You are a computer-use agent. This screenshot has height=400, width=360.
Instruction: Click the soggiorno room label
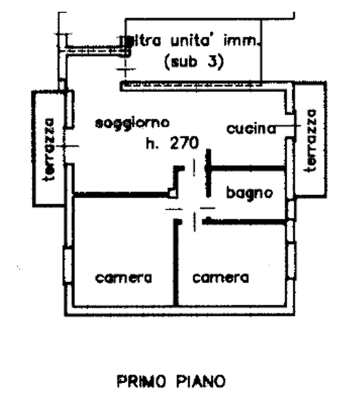[132, 124]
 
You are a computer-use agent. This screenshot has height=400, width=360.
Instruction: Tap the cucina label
[251, 129]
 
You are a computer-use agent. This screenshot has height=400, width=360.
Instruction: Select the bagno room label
[250, 193]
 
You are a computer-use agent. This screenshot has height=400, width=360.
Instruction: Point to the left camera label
[123, 278]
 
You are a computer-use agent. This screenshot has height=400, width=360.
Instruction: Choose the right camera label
[220, 277]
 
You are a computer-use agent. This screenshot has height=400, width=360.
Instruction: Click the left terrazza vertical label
[48, 149]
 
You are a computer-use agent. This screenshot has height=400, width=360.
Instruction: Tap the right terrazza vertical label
[311, 140]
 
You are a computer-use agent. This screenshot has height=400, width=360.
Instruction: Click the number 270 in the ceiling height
[184, 143]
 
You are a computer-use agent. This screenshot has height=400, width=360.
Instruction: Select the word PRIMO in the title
[142, 381]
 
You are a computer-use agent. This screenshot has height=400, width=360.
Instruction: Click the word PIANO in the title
[201, 381]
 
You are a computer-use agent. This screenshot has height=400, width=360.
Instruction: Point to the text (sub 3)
[194, 62]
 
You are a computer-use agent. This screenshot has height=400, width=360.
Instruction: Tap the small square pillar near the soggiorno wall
[173, 193]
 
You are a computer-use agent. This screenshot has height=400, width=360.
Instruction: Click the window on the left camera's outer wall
[68, 266]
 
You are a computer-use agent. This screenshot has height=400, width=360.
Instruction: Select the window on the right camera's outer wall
[291, 261]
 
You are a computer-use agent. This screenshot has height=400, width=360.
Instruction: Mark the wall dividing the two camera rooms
[176, 262]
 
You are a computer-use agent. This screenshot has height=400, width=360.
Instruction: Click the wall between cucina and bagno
[247, 168]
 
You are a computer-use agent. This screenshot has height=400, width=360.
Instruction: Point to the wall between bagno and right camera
[245, 222]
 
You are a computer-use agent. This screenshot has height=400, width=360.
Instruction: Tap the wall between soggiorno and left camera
[121, 195]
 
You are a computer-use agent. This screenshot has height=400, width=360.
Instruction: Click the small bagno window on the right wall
[291, 209]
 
